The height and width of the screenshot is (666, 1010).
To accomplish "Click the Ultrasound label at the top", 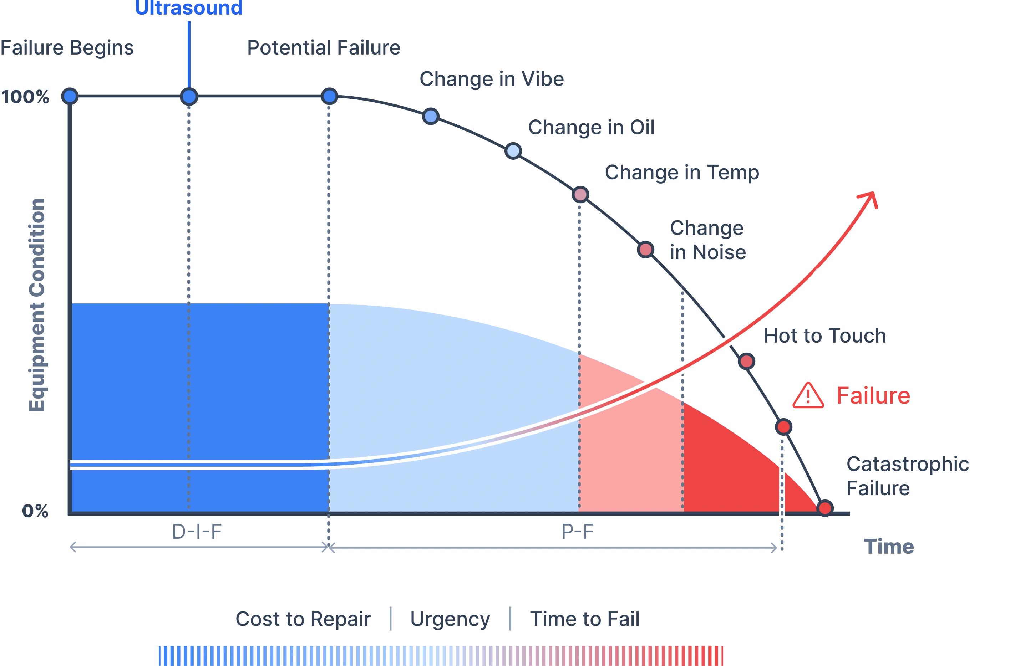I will [188, 9].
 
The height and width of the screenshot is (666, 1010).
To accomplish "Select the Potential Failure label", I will [324, 48].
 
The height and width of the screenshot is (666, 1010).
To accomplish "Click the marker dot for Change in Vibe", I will [431, 116].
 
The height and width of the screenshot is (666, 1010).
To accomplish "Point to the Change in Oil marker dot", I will [513, 151].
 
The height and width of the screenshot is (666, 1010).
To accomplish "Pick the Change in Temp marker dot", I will [580, 195].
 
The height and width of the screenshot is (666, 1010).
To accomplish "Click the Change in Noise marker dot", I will [645, 249].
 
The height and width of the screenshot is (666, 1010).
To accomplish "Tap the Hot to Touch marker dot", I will [747, 361].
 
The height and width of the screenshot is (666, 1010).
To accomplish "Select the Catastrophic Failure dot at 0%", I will [825, 508].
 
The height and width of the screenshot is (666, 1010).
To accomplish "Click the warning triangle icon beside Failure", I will [808, 397].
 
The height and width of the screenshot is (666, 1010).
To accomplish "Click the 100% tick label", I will [25, 98].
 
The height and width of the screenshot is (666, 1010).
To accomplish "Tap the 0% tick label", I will [34, 511].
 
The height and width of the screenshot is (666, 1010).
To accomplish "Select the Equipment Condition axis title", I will [37, 304].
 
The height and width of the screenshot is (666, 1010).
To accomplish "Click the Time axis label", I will [888, 547].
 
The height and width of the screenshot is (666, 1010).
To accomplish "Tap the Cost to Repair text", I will [302, 619].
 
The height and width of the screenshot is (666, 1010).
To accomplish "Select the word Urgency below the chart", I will [450, 619].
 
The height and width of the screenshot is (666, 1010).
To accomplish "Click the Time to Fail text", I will [583, 619].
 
